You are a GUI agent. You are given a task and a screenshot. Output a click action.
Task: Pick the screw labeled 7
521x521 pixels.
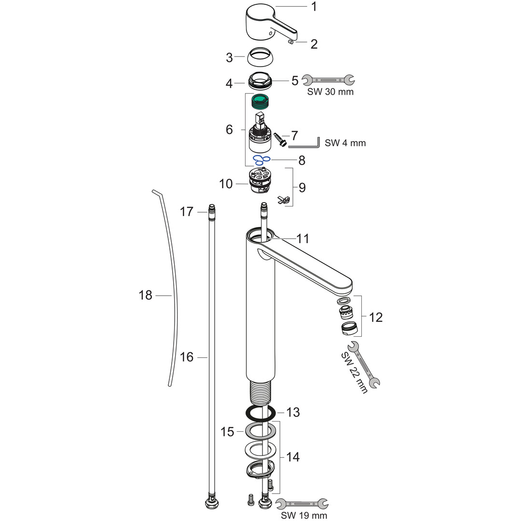280,139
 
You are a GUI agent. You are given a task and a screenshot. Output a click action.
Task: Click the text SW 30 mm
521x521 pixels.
330,92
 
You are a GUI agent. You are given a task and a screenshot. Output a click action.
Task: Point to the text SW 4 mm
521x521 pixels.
345,143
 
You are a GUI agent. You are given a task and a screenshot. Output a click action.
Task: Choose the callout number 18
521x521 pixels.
145,295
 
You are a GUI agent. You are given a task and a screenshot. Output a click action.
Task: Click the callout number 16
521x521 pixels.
187,357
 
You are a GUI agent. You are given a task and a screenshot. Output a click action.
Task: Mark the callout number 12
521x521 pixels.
376,317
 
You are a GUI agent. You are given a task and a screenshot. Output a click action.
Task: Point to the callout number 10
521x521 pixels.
226,184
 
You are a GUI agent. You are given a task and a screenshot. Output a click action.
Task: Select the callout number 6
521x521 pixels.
229,129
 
